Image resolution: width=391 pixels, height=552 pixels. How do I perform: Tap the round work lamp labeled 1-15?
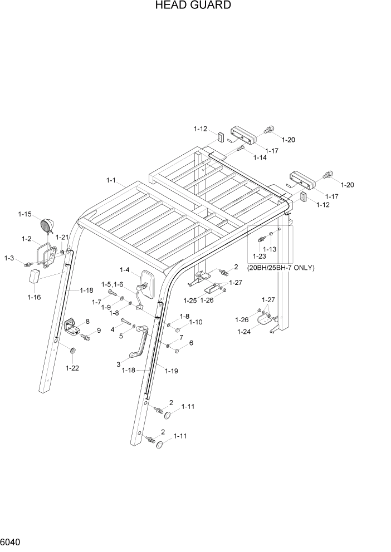[x=46, y=226]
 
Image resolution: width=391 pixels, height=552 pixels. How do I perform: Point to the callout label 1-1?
[x=110, y=180]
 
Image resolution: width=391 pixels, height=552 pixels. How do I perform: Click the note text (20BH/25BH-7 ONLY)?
[x=281, y=267]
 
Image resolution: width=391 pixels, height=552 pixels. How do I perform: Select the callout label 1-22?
[x=72, y=368]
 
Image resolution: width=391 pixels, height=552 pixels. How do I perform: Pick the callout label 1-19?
[x=171, y=371]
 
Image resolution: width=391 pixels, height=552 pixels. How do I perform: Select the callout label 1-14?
[x=260, y=157]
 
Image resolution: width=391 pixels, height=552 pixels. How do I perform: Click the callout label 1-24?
[x=244, y=332]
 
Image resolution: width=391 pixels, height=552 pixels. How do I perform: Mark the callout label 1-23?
[x=259, y=257]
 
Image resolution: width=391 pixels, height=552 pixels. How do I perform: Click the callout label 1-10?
[x=195, y=322]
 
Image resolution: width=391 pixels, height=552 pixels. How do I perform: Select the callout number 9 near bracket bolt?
[x=99, y=330]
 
